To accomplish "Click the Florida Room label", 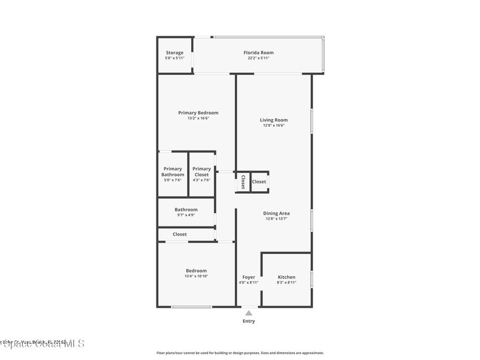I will point(258,52).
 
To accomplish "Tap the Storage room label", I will point(174,52).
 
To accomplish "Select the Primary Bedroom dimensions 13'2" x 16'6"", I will point(198,118).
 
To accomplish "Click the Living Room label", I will point(274,120).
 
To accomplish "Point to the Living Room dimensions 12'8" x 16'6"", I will point(274,126).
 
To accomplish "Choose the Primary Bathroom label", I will point(172,172).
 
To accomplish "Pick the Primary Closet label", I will point(202,172).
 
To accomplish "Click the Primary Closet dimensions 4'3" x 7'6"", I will point(202,180).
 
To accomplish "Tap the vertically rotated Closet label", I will point(243,182).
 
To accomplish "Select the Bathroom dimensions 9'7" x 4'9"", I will point(186,215).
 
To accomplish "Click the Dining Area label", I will point(276,213).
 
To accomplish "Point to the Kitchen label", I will point(286,277).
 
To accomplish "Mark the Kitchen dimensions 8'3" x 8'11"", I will point(286,283).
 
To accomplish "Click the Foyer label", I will point(248,277).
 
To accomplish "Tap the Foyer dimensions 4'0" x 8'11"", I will point(248,283).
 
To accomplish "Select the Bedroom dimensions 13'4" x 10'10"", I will point(196,276).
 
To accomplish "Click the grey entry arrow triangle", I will point(249,313).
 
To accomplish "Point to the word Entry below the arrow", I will point(249,321).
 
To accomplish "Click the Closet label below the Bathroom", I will point(180,234).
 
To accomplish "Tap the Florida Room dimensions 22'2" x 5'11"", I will point(258,58).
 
